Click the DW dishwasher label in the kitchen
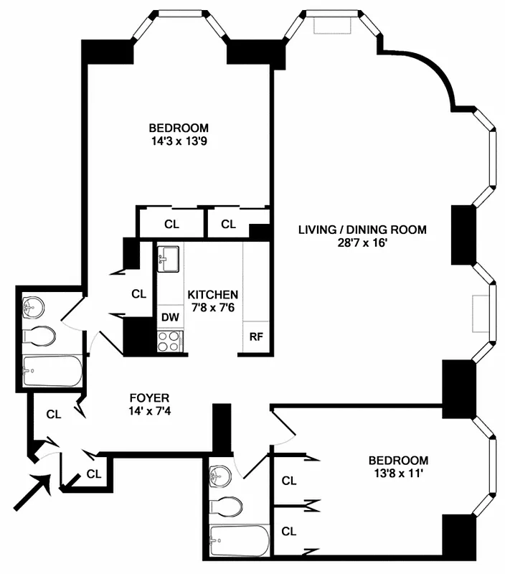coord(170,316)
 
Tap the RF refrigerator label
coord(255,336)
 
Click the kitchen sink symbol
coord(169,258)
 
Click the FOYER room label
coord(149,397)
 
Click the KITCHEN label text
coord(213,295)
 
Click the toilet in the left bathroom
coord(39,335)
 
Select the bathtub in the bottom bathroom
coord(239,537)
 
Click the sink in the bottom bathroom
coord(222,476)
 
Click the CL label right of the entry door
coord(93,473)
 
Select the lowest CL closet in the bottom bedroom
coord(289,532)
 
